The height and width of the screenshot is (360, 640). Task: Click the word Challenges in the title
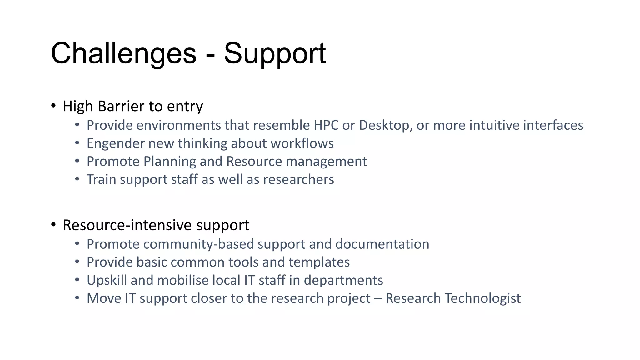tap(123, 54)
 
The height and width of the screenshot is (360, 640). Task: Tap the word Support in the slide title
tap(275, 54)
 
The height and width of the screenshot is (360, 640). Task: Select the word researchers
tap(298, 180)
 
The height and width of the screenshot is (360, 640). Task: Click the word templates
tap(319, 262)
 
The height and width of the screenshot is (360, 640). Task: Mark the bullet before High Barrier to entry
tap(53, 106)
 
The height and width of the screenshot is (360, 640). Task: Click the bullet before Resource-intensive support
tap(53, 225)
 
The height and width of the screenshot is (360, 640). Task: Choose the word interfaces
tap(553, 125)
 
